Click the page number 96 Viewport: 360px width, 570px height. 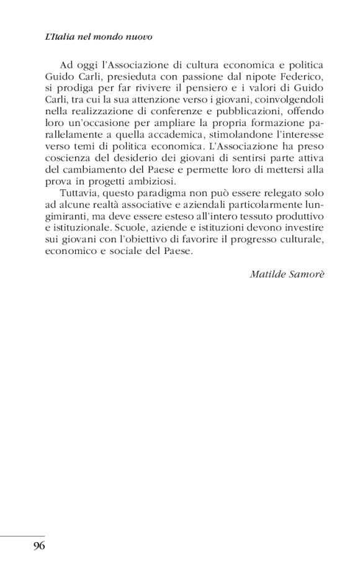[x=38, y=547]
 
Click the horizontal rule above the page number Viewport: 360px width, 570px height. [x=23, y=535]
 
